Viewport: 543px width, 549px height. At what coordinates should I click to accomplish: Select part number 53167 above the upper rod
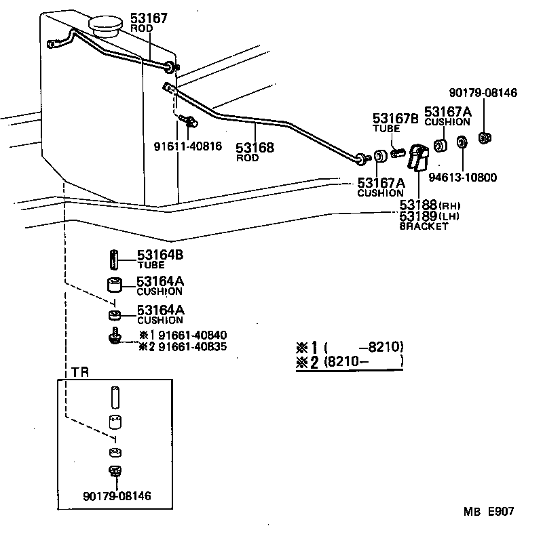click(147, 18)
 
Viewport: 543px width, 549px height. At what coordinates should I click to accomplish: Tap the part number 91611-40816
click(188, 146)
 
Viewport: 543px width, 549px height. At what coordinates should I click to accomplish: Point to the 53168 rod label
click(255, 147)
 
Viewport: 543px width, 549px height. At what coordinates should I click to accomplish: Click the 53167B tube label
click(394, 117)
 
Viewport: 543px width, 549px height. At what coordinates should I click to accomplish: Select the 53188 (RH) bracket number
click(419, 205)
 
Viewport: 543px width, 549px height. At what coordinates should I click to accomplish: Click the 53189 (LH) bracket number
click(419, 216)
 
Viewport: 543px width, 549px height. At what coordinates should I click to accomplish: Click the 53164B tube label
click(160, 255)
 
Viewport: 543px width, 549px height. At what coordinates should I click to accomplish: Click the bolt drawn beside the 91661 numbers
click(113, 336)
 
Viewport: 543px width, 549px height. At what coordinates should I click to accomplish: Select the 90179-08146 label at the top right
click(483, 93)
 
